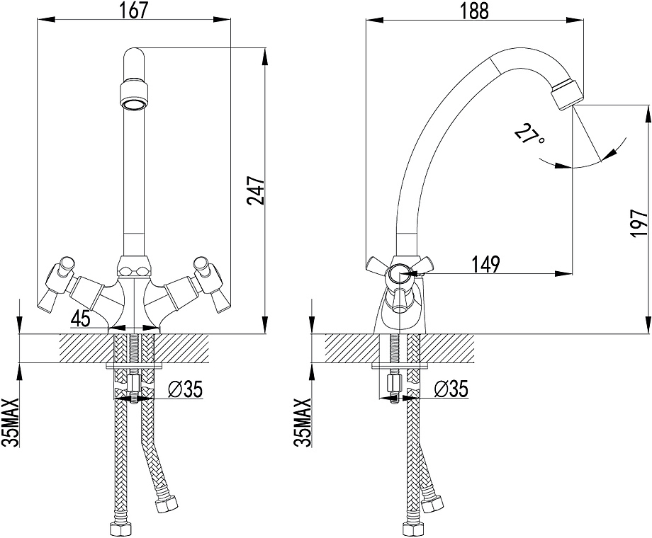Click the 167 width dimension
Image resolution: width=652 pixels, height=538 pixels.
click(135, 11)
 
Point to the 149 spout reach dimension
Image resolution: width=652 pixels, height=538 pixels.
click(486, 264)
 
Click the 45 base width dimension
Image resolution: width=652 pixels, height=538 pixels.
click(81, 319)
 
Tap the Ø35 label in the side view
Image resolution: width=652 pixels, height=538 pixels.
click(449, 388)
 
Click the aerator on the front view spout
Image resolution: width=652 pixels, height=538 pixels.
click(133, 94)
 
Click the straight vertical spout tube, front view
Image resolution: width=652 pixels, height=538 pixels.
click(133, 177)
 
